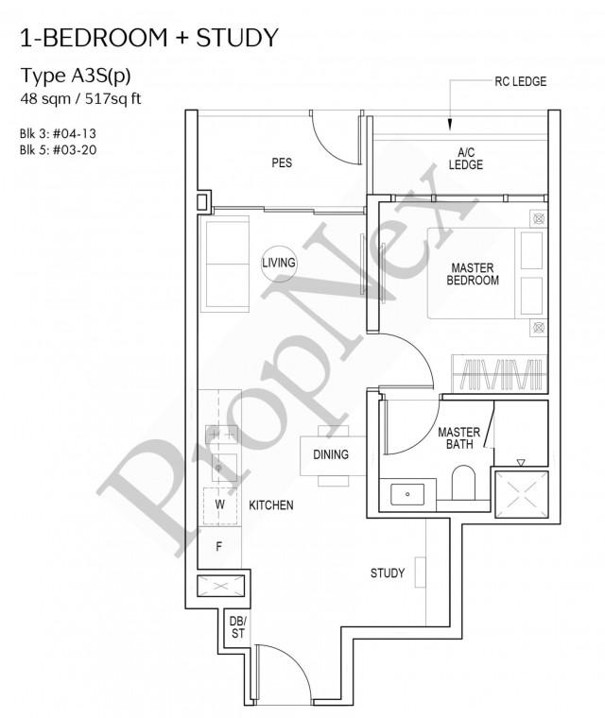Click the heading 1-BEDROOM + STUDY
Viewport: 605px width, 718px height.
pos(148,38)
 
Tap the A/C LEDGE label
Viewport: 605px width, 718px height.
pos(466,159)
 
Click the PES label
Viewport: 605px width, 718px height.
pos(282,162)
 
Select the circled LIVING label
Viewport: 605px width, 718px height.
pos(279,263)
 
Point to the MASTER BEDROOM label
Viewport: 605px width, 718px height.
pos(474,274)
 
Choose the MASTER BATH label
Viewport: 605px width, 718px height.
pos(458,439)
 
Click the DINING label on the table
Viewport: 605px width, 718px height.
pos(331,454)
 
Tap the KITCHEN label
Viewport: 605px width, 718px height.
pos(271,505)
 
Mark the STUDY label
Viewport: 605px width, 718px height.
pos(388,573)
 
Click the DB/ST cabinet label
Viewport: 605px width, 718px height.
pos(237,627)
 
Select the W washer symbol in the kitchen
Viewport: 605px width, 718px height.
pos(219,504)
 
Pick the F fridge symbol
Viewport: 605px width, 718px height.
pos(219,546)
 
